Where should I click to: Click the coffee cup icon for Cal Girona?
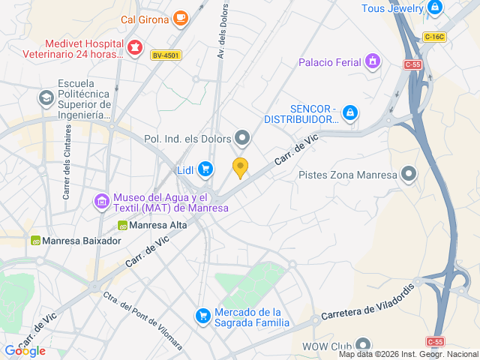coord(180,18)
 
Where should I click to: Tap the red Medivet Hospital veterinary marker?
coord(135,49)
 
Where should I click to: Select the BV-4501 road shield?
coord(166,55)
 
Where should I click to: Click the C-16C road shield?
coord(433,37)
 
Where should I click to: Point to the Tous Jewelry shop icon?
coord(434,8)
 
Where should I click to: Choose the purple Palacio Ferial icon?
coord(373,61)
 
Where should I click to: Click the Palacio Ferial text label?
coord(329,62)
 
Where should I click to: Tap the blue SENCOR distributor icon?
coord(350,112)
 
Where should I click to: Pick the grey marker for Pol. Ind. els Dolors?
coord(242,137)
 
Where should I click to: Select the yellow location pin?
coord(240,168)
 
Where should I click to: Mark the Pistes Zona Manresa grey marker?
coord(409,175)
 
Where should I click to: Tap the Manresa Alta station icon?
coord(122,225)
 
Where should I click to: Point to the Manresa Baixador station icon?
coord(35,241)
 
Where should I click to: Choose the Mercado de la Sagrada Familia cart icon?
coord(202,316)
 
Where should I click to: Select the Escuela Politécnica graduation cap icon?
coord(46,98)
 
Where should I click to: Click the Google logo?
coord(25,350)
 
